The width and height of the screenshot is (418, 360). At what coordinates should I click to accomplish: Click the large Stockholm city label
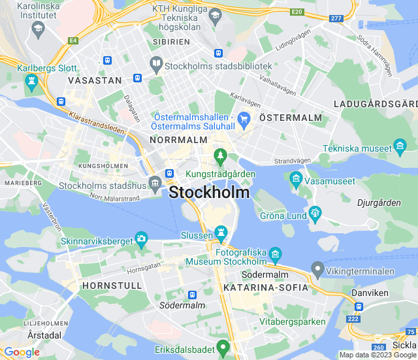(x=209, y=193)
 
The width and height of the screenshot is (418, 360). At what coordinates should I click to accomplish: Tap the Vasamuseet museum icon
(x=296, y=178)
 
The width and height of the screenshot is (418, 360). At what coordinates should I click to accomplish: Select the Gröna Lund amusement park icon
(x=315, y=212)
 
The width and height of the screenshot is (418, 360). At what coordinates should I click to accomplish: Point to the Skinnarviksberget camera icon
(x=141, y=238)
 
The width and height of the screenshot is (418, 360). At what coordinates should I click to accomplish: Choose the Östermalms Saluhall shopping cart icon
(x=244, y=119)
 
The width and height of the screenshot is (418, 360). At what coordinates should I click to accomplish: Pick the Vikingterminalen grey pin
(x=317, y=269)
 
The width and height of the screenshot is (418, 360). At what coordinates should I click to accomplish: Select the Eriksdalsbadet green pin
(x=223, y=346)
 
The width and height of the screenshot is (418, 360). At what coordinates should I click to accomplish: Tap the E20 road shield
(x=297, y=12)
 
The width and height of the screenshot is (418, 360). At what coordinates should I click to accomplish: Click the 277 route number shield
(x=336, y=18)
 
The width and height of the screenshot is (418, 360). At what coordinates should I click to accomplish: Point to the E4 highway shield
(x=72, y=41)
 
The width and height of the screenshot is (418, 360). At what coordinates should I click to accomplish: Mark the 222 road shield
(x=353, y=318)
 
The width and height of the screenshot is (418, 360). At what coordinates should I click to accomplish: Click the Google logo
(x=22, y=352)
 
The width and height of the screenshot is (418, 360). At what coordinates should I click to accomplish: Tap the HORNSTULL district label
(x=103, y=286)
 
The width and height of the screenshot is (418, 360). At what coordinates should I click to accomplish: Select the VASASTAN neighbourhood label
(x=95, y=80)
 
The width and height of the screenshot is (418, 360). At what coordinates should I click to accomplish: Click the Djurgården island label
(x=379, y=203)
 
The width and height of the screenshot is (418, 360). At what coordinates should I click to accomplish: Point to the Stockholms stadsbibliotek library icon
(x=156, y=65)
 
